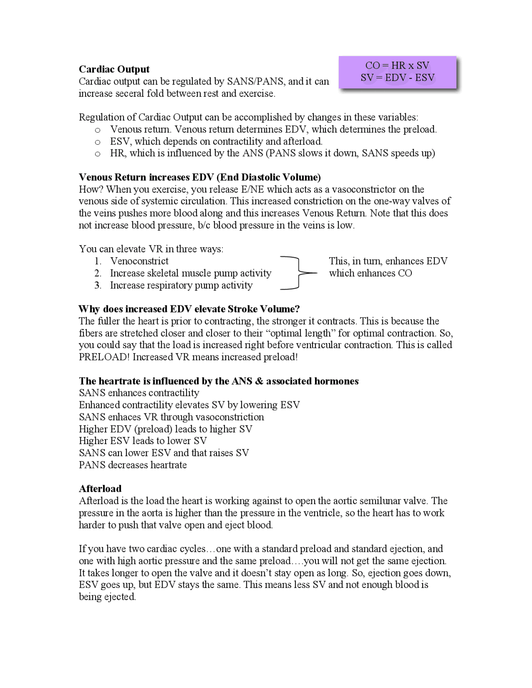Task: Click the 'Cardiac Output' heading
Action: (114, 69)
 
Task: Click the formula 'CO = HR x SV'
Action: (397, 65)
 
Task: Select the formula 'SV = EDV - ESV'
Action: (397, 77)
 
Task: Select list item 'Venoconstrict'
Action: (139, 261)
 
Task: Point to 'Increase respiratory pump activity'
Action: (181, 285)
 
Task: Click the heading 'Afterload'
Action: (100, 489)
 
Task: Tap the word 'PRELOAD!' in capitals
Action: (104, 357)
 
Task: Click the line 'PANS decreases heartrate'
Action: (133, 464)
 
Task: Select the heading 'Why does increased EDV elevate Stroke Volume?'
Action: (189, 309)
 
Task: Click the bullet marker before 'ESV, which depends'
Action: (98, 142)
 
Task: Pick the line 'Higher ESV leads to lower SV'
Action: (143, 441)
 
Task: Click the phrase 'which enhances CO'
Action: (370, 273)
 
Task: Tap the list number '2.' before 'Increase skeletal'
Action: (98, 273)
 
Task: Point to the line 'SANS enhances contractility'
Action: (139, 393)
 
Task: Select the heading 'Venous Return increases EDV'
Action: (199, 177)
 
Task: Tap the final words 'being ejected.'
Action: (107, 597)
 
